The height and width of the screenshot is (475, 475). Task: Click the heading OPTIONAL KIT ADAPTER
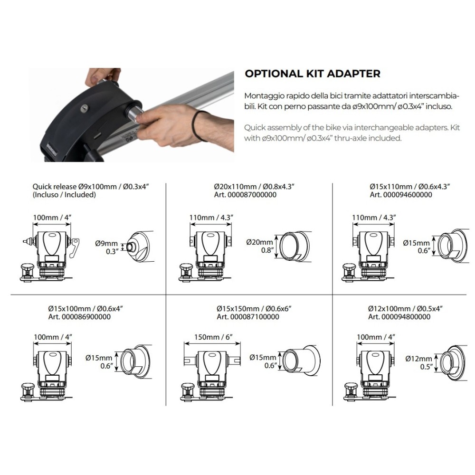313,74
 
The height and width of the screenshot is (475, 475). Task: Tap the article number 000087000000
252,195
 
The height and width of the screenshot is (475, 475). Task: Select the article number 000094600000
408,195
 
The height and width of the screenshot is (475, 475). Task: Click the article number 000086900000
86,317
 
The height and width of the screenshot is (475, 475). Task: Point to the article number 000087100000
255,317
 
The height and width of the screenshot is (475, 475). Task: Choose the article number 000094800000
406,317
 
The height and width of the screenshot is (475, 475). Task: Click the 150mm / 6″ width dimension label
213,337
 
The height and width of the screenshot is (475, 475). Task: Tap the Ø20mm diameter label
260,242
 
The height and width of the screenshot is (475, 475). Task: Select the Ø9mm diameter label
106,243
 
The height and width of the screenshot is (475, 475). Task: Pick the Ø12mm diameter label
418,359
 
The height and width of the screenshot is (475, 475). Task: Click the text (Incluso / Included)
64,195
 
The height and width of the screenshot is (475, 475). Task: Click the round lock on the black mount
85,107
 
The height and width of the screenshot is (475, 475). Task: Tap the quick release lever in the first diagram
75,247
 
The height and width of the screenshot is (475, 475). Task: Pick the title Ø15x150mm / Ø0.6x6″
254,309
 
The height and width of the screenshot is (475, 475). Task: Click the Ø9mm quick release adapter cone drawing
138,247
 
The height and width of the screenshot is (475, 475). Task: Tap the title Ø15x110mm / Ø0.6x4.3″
409,187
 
